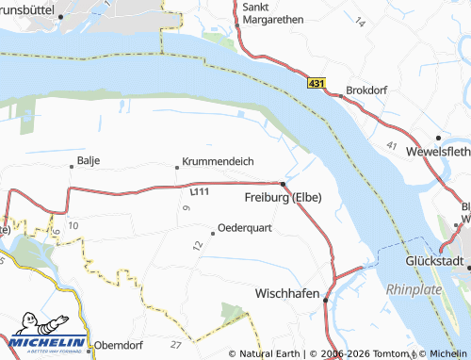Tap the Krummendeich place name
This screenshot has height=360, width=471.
coord(218,161)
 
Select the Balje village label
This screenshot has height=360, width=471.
coord(89,161)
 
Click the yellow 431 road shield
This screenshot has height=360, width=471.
coord(317,85)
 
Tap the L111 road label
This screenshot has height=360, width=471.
coord(199,191)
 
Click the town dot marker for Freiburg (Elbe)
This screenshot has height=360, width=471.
coord(283,183)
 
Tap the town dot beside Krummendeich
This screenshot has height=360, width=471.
coord(177,168)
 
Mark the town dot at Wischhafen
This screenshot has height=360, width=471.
coord(325,300)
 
